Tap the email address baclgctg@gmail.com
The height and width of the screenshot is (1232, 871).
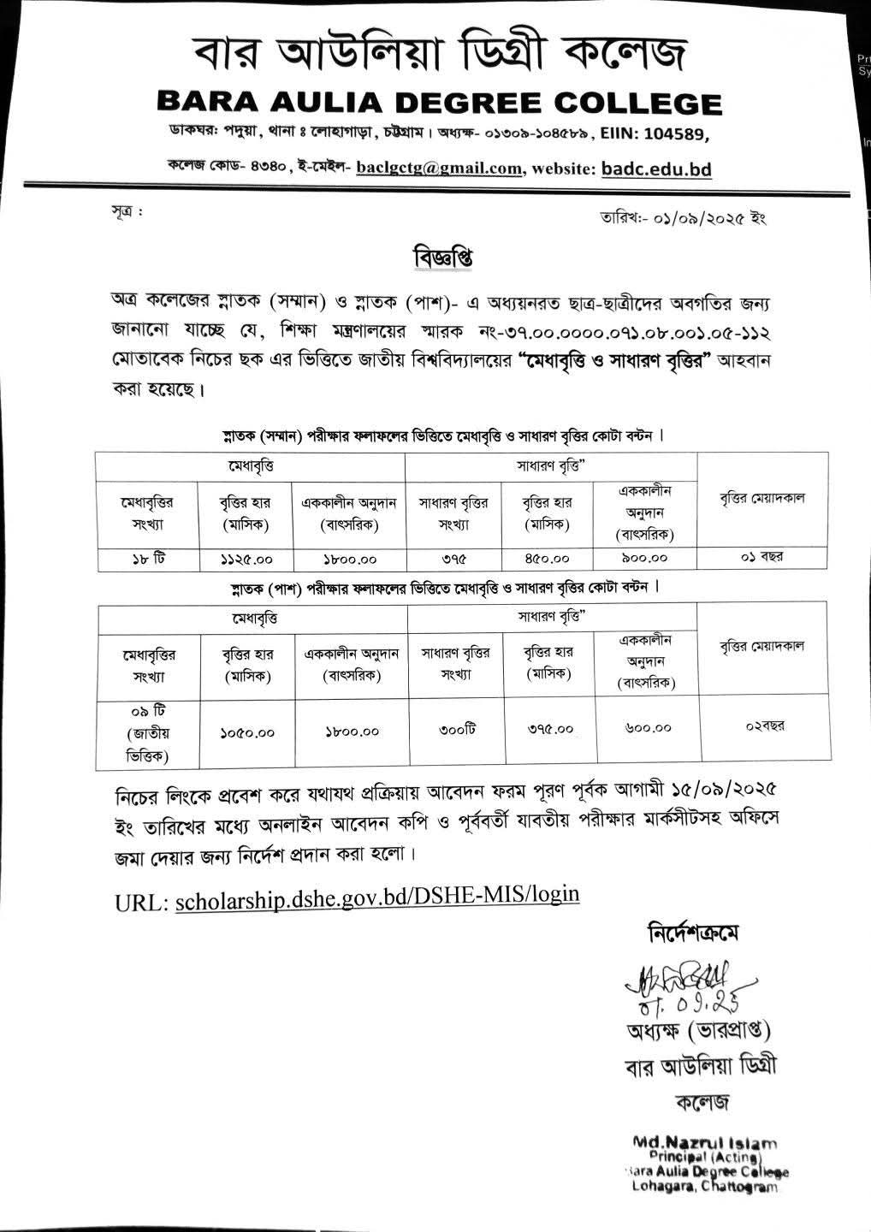point(439,169)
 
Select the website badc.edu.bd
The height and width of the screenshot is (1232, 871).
point(656,169)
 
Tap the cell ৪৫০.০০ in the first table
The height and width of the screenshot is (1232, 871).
point(547,559)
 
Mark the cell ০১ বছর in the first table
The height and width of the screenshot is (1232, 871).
point(763,557)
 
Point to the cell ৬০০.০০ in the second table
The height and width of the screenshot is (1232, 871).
point(648,729)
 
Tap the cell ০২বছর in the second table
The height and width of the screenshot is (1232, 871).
point(765,726)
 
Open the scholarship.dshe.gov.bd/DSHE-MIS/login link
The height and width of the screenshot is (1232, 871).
point(376,895)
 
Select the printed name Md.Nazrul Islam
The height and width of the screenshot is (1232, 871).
point(704,1141)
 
